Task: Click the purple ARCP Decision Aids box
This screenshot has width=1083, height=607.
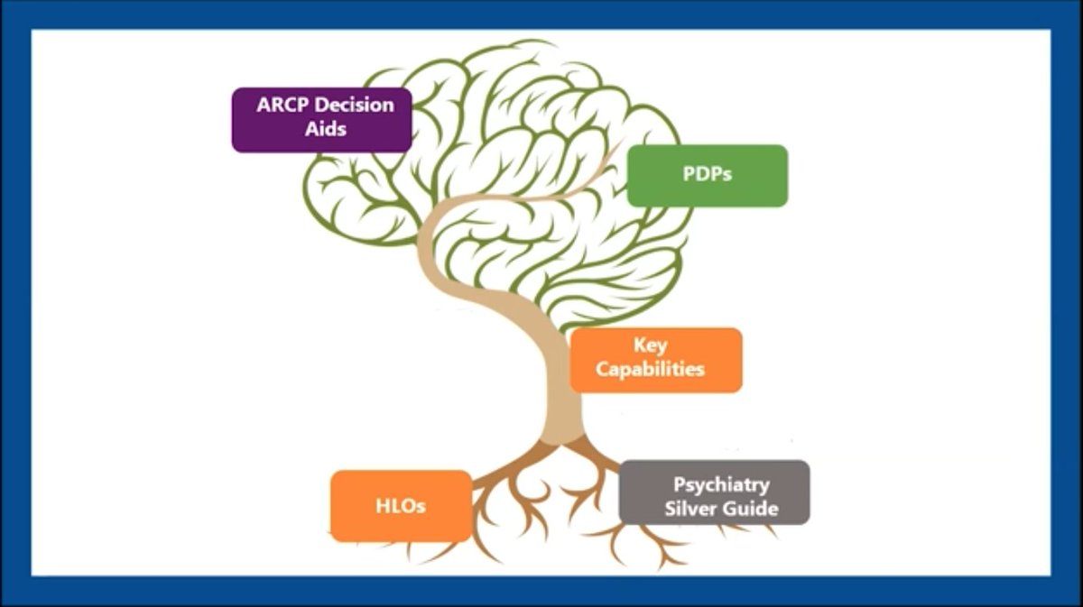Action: click(321, 119)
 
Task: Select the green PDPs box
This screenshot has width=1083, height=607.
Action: click(707, 176)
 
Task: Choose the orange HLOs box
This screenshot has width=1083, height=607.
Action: click(401, 505)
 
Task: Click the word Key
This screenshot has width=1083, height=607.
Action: click(650, 346)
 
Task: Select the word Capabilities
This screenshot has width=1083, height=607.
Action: click(650, 370)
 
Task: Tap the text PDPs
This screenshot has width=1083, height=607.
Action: click(707, 176)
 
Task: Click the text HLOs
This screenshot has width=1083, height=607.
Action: click(401, 506)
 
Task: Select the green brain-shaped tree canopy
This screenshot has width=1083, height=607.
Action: click(505, 135)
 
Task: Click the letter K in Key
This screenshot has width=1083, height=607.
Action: click(638, 346)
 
